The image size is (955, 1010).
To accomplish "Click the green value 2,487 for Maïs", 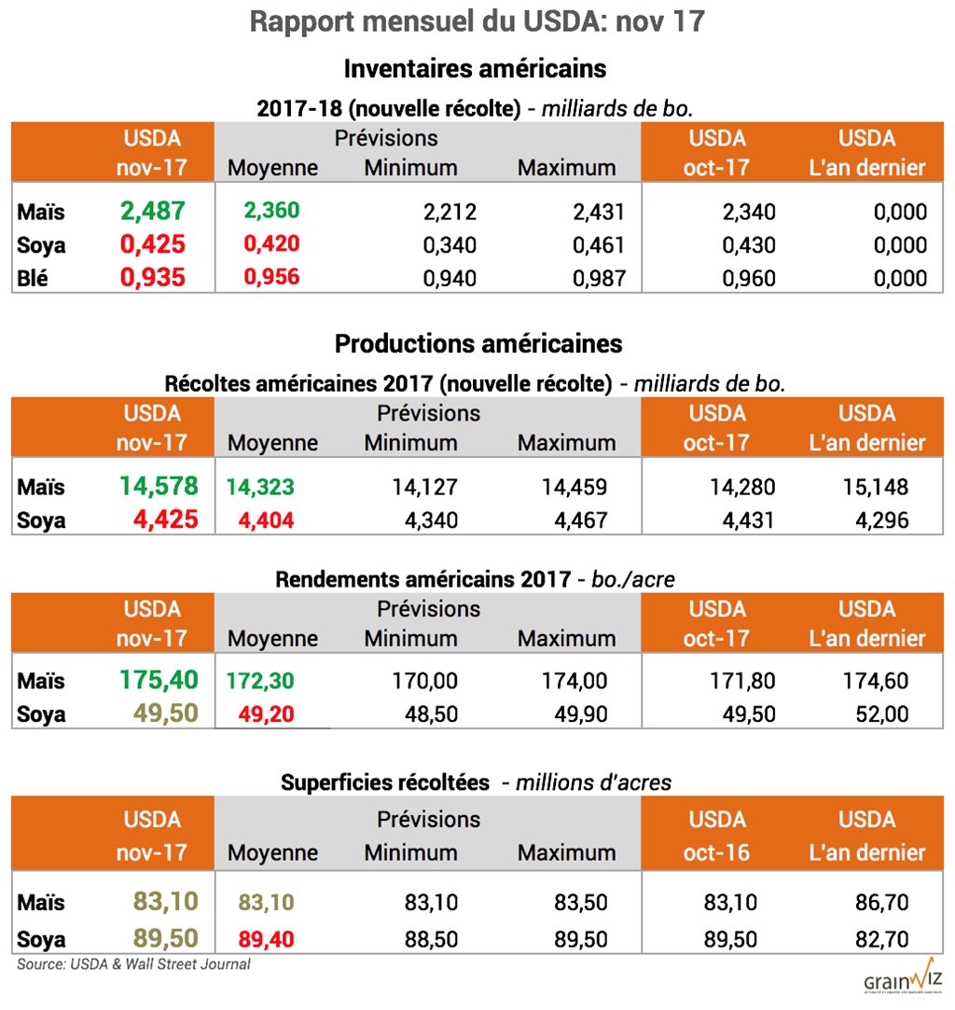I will point(153,211).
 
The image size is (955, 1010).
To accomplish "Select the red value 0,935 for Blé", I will point(153,278).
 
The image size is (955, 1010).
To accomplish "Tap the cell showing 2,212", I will point(450,212).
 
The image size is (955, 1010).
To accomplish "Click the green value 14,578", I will point(159,486).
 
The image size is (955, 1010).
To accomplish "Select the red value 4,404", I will point(266,520).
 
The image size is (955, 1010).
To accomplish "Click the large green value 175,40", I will point(159,680).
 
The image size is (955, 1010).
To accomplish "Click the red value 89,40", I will point(266,938).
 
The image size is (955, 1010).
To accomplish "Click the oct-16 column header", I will point(716,852).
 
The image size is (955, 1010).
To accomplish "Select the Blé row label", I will point(35,278).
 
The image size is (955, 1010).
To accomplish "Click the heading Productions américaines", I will point(477,343).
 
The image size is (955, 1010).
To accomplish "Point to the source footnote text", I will point(133,964).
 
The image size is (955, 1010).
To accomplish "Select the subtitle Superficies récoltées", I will point(385,782).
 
